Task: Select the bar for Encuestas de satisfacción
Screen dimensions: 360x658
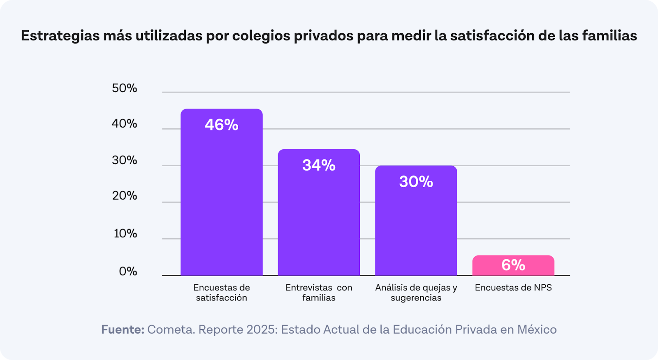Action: [221, 197]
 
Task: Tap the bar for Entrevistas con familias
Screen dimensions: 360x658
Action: [319, 218]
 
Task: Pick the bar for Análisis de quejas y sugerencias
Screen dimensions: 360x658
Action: [416, 226]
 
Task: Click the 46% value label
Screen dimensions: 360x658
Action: [221, 125]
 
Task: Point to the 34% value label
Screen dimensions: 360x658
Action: [319, 165]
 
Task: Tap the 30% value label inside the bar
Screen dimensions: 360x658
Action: [416, 182]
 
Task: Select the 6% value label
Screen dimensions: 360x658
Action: [513, 265]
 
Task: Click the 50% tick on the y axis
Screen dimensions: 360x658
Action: [124, 88]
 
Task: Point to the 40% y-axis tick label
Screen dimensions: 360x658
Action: [124, 123]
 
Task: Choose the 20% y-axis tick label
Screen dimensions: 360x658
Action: [124, 195]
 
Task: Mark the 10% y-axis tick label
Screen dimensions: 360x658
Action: [125, 233]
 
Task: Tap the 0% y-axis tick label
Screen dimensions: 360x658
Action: [128, 271]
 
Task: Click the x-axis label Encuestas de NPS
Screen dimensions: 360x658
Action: [513, 288]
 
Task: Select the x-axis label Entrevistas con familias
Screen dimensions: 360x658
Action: [319, 293]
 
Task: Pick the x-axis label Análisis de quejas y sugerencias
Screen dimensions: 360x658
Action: [416, 293]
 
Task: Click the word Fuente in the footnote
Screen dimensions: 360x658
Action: [122, 330]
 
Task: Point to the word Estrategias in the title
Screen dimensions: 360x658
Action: [60, 36]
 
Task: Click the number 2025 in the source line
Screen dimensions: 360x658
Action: [260, 330]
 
